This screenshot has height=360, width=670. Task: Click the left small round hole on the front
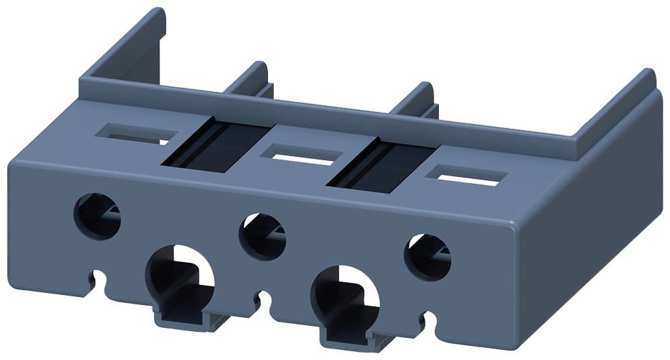(x=97, y=215)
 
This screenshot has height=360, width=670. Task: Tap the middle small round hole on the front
(x=263, y=237)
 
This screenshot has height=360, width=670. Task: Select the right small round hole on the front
(x=427, y=257)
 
